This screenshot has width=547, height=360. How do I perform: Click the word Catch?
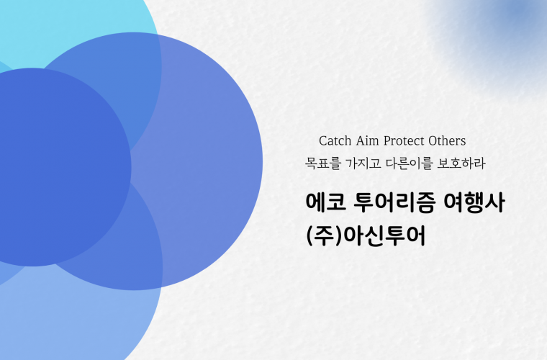[335, 141]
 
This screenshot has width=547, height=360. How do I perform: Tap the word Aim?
[367, 141]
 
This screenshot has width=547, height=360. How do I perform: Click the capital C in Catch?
[323, 141]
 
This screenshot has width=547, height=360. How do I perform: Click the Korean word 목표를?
[322, 163]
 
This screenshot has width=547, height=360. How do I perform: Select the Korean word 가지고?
[363, 163]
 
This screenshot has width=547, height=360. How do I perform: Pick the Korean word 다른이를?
[410, 163]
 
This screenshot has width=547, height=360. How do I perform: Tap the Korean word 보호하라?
[461, 163]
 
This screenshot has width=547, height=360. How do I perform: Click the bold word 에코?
[326, 202]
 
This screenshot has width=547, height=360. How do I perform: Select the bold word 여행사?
[474, 202]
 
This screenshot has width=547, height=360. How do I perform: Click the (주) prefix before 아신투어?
[323, 236]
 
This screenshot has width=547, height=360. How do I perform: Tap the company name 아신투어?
[384, 236]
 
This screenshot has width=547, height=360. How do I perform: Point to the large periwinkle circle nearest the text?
[209, 161]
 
